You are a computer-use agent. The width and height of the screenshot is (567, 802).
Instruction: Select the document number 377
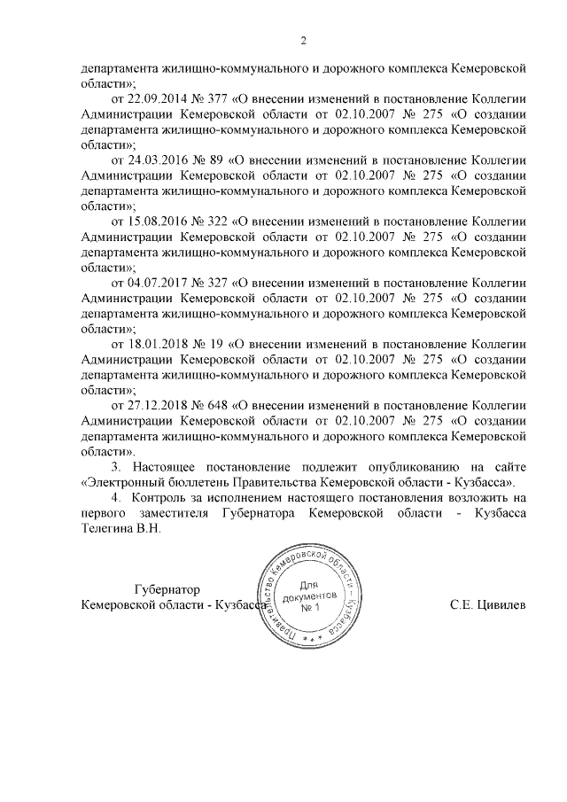click(213, 97)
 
